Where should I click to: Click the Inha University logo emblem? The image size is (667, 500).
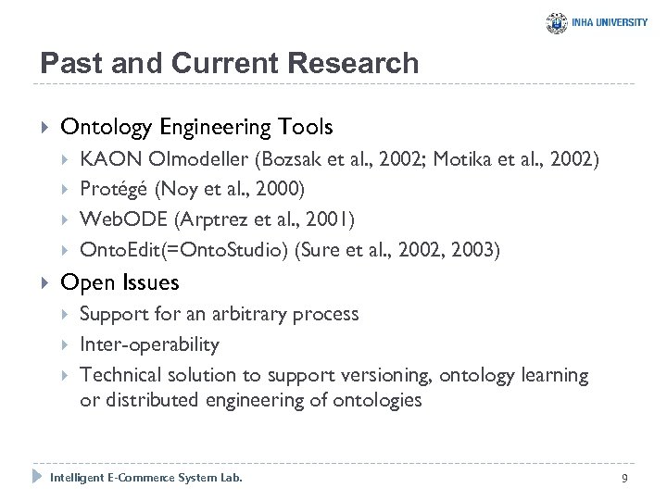pyautogui.click(x=556, y=22)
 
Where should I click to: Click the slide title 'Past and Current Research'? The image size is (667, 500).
pyautogui.click(x=229, y=63)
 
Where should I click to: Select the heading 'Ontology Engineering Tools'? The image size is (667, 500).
pyautogui.click(x=196, y=126)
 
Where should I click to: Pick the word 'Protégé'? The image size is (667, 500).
pyautogui.click(x=114, y=190)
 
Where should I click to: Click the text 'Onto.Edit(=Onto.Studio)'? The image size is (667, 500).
pyautogui.click(x=182, y=249)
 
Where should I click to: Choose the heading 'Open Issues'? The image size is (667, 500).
pyautogui.click(x=120, y=282)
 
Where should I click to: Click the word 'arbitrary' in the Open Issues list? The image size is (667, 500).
pyautogui.click(x=250, y=314)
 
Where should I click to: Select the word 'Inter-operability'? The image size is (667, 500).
pyautogui.click(x=150, y=344)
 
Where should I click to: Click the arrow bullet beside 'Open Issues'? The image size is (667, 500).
pyautogui.click(x=39, y=282)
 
